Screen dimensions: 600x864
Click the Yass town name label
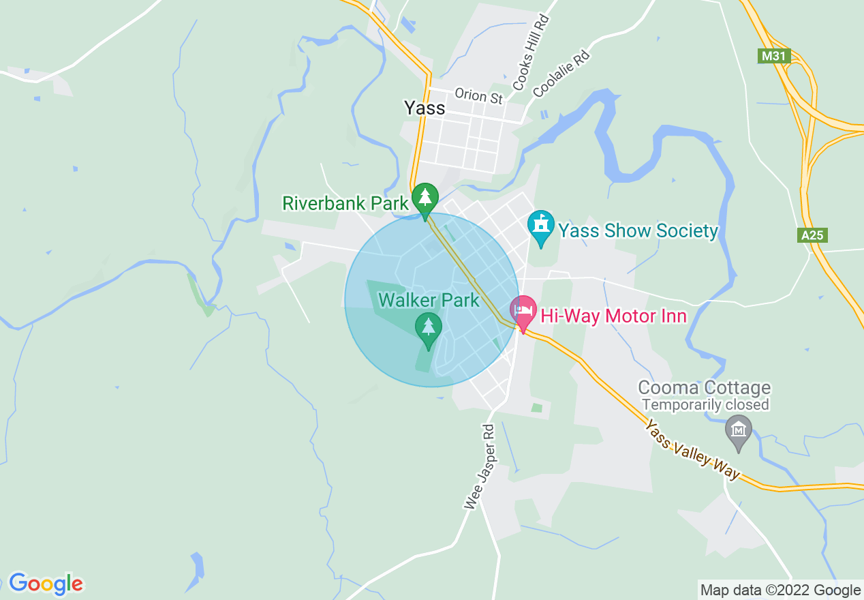point(425,108)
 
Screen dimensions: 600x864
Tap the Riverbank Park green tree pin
point(425,198)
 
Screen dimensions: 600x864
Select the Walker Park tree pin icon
point(428,327)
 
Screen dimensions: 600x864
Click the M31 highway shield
point(774,56)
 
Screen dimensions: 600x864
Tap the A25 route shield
point(812,235)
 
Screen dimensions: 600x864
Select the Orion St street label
point(479,96)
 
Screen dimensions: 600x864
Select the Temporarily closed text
point(705,405)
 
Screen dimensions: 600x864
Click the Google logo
point(46,584)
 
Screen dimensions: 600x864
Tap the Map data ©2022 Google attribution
point(780,590)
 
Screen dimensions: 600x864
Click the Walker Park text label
point(429,300)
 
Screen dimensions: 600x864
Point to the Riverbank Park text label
point(345,202)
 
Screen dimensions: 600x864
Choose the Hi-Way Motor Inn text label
point(613,316)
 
